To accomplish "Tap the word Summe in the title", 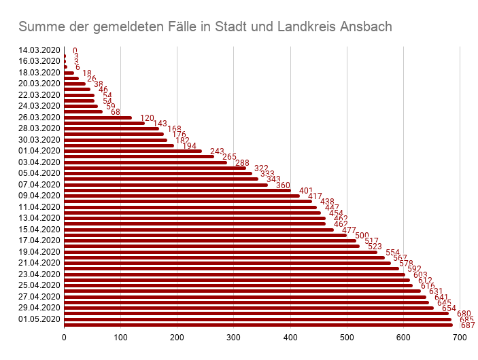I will [x=39, y=27].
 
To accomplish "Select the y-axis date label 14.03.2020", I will [x=40, y=50].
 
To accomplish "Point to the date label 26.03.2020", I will [x=40, y=118].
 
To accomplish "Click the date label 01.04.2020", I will [x=40, y=151].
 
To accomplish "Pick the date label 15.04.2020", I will [x=40, y=230].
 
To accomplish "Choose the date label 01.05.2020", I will [x=40, y=319].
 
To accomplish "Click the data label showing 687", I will [x=468, y=325].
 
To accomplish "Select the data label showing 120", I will [x=148, y=118].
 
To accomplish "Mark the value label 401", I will [x=307, y=191].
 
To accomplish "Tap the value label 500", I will [x=362, y=236].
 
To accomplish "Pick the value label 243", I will [x=218, y=151].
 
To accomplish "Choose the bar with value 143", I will [x=105, y=123].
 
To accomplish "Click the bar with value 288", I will [x=146, y=162].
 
